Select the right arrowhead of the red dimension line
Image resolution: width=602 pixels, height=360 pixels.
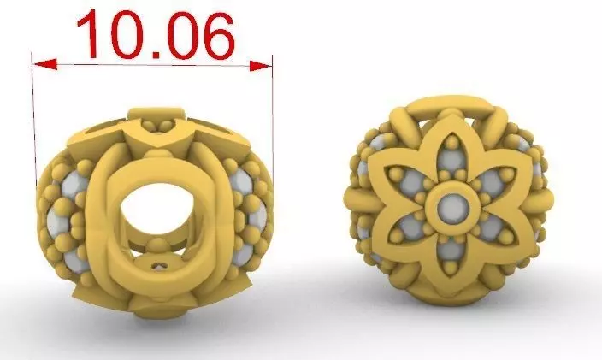[x=261, y=64]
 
